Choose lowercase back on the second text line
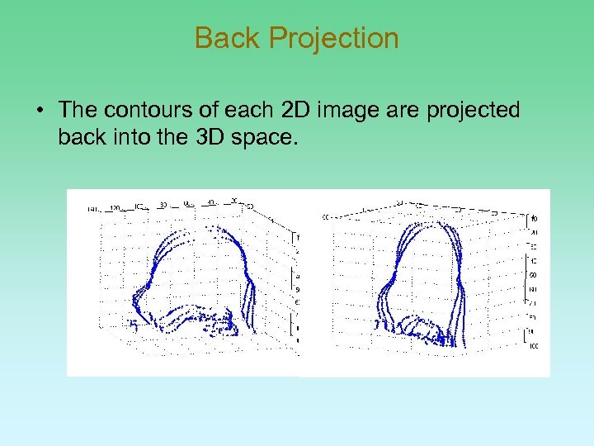[82, 136]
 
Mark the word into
[132, 136]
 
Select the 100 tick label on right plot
[535, 347]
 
